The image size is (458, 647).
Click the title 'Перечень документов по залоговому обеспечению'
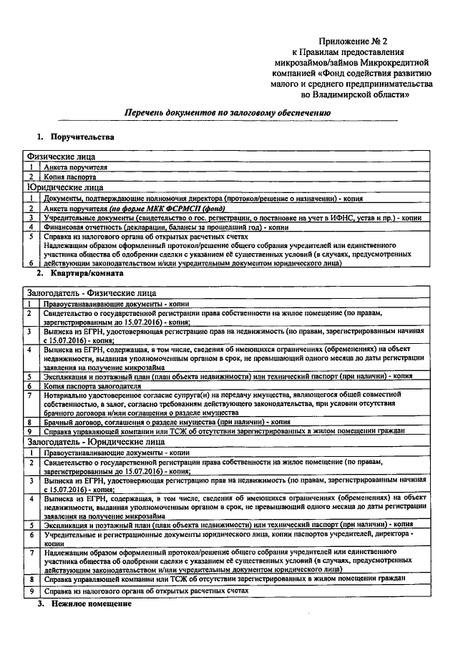[228, 113]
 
